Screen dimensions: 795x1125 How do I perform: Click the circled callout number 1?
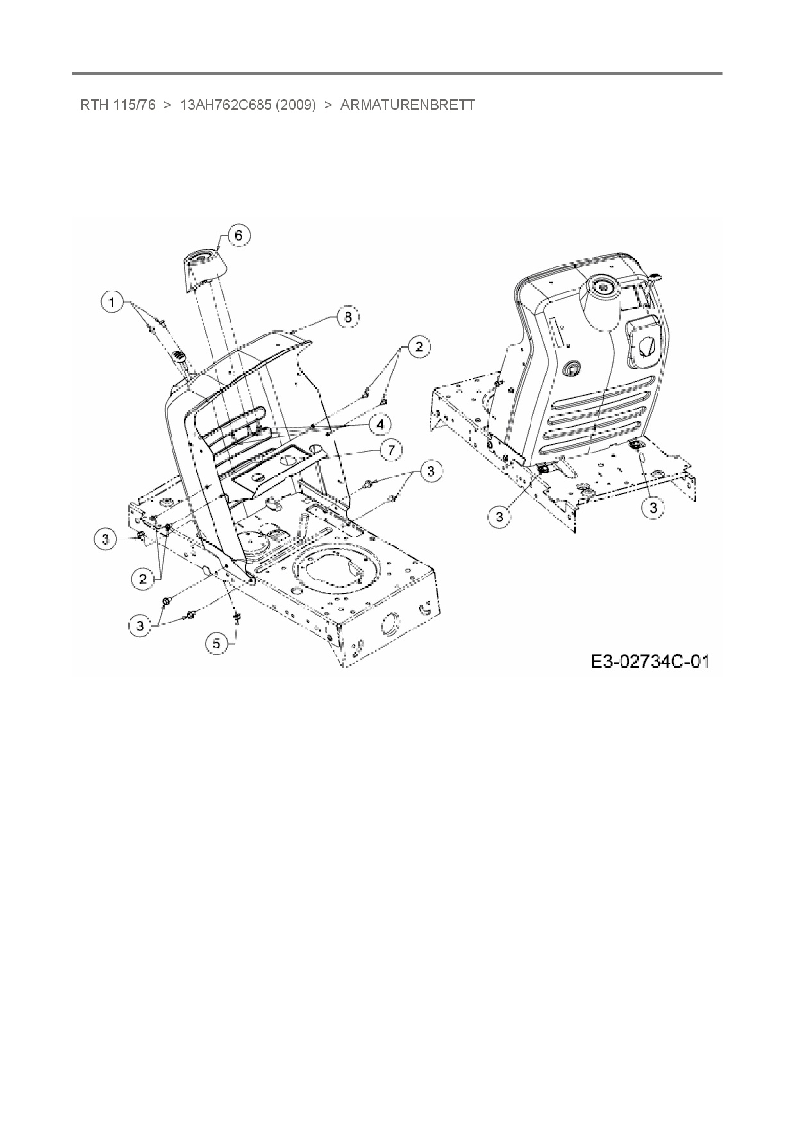click(113, 301)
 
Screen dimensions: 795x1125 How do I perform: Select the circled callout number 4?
click(380, 424)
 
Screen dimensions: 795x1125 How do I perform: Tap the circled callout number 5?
click(216, 643)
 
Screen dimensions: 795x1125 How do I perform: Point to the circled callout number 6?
click(238, 235)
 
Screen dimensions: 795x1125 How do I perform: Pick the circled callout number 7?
click(390, 450)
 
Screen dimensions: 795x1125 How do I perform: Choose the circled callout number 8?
click(347, 317)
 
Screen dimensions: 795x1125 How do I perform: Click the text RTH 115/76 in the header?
click(117, 105)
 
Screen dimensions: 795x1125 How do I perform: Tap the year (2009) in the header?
click(296, 105)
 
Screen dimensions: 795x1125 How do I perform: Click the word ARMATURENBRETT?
click(408, 105)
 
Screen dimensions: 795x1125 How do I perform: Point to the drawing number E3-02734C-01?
click(649, 661)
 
